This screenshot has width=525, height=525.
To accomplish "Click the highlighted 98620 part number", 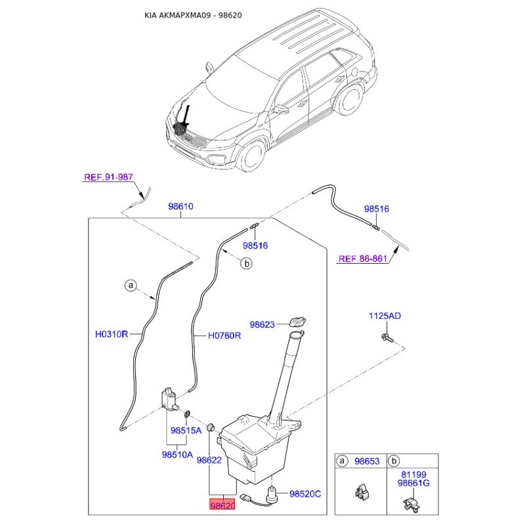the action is [222, 504].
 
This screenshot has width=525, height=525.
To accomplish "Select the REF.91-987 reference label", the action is [108, 177].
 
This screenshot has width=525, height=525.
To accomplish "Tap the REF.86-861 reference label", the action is [363, 259].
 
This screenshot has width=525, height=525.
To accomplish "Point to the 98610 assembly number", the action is [181, 206].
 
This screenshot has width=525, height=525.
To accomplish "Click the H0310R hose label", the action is [112, 334].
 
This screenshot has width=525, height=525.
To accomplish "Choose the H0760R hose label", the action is [224, 335].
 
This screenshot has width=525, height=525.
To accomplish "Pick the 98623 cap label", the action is [262, 324].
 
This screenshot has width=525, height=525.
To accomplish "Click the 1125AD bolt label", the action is [385, 316].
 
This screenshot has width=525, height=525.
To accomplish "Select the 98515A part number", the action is [186, 430].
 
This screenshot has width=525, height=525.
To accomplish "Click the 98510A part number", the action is [177, 454].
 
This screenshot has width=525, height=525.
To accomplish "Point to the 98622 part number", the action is [209, 460].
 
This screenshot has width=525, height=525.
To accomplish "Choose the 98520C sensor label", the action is [305, 494].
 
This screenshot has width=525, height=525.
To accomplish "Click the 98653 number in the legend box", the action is [367, 461].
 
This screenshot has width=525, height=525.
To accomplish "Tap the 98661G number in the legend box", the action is [413, 483].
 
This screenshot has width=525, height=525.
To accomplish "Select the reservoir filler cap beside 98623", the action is [297, 322].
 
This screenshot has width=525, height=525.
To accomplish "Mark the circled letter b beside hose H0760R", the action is [247, 264].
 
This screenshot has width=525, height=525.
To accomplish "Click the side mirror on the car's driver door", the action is [281, 109].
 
